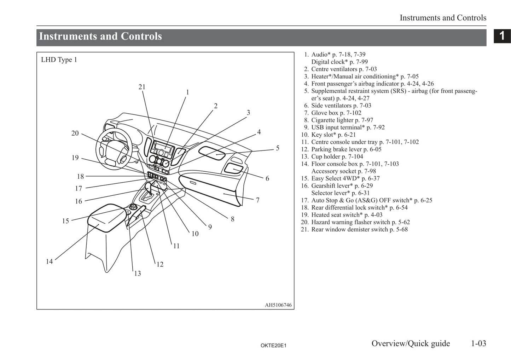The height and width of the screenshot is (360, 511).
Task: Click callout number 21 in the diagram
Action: tap(142, 87)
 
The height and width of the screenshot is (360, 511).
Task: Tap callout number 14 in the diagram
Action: tap(49, 261)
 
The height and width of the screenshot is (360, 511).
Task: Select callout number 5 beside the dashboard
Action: tap(278, 148)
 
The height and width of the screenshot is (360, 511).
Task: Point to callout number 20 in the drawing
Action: tap(75, 133)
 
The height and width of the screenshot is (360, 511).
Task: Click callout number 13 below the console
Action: tap(137, 273)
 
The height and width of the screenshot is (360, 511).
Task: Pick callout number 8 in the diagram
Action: tap(232, 219)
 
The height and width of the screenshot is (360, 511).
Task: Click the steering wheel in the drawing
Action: tap(115, 148)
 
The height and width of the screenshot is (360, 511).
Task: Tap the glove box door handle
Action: tap(193, 183)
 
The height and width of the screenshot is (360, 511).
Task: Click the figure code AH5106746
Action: tap(278, 305)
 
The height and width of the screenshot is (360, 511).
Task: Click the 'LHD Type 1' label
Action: tap(59, 60)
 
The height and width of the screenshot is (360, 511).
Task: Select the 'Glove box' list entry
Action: tap(336, 113)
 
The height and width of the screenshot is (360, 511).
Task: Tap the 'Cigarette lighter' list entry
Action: tap(342, 120)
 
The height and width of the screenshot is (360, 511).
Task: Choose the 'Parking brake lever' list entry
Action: tap(346, 149)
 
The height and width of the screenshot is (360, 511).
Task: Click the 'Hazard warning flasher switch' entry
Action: tap(360, 222)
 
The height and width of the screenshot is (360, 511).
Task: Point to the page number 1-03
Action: tap(478, 343)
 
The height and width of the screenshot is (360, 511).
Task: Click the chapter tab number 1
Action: tap(502, 36)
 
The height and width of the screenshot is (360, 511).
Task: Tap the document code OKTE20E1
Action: tap(273, 346)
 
